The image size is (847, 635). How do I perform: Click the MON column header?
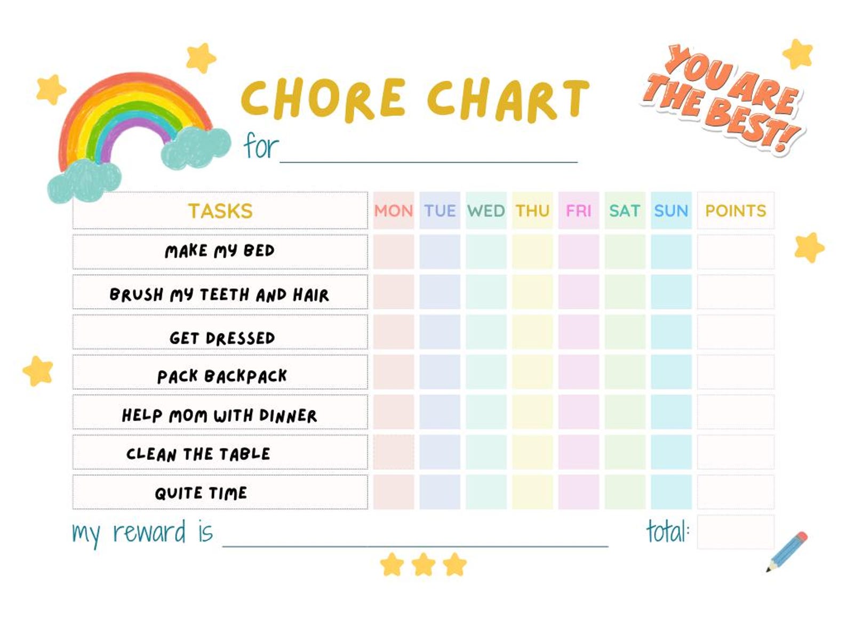point(394,211)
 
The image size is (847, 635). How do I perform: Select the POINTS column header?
point(735,211)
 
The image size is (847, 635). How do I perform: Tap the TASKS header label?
point(220,211)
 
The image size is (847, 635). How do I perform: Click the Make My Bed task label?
point(220,251)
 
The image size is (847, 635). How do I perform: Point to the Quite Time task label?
point(201,493)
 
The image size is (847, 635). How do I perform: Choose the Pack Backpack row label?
point(222,376)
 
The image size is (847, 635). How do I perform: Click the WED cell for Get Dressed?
point(486,332)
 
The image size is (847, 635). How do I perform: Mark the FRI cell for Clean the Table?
point(579,452)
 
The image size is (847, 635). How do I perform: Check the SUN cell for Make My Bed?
point(671,251)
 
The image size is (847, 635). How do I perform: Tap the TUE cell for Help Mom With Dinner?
point(440,412)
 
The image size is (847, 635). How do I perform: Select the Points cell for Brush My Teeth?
point(735,292)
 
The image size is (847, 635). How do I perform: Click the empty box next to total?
point(735,532)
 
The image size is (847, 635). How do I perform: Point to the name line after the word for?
point(428,155)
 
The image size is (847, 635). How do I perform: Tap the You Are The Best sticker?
point(723,99)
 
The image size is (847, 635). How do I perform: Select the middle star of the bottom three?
point(423,565)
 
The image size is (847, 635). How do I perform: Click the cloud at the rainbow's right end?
point(195,147)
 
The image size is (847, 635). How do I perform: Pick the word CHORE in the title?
point(324,99)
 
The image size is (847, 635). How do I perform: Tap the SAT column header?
point(625,211)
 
